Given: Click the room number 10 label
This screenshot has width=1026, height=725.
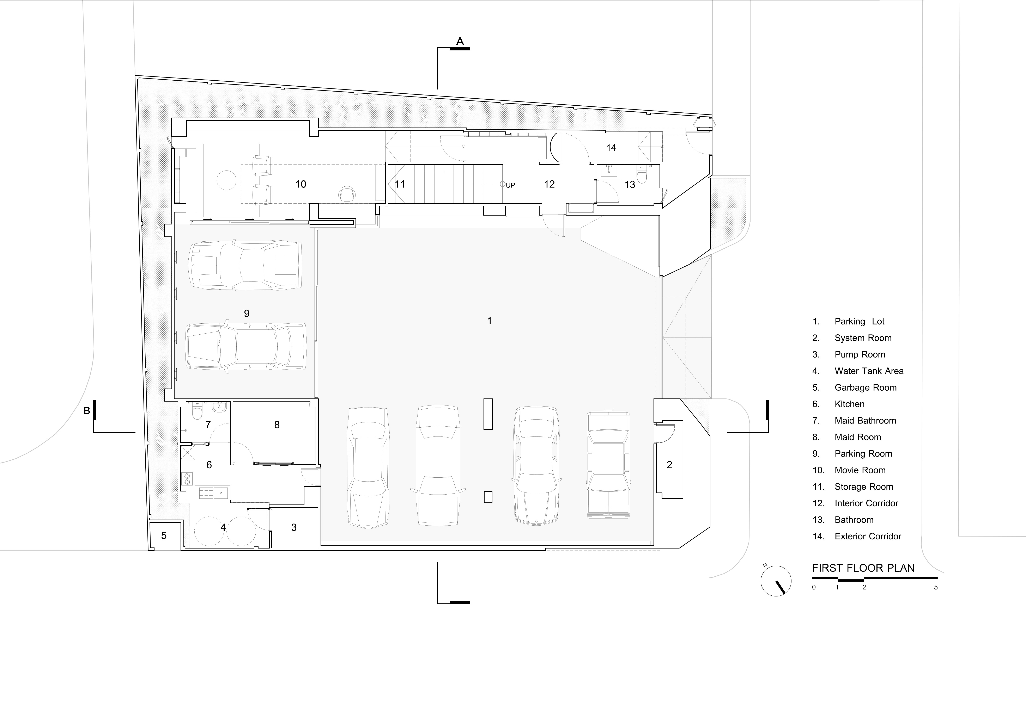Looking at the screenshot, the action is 301,184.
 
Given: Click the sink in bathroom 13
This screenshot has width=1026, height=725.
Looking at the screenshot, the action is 609,172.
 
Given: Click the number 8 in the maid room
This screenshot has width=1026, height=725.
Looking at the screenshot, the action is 277,425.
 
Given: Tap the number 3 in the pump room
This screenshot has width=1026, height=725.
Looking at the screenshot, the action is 294,527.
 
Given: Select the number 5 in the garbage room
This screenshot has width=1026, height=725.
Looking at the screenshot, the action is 164,535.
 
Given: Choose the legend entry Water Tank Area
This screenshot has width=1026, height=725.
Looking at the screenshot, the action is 869,371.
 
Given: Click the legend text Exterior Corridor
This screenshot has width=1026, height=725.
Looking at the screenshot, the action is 868,536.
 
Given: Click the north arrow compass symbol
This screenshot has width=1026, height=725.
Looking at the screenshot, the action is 776,581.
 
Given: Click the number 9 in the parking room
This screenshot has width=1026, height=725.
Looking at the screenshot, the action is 247,313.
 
